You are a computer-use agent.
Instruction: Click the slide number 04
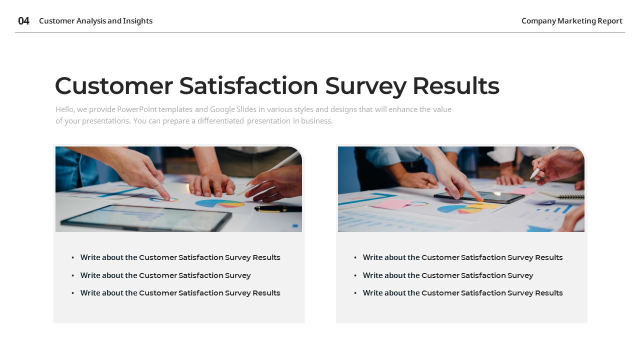(23, 21)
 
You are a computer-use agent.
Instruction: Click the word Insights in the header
(138, 21)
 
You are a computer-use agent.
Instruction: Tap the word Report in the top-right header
(609, 21)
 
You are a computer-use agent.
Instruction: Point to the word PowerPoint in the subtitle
(136, 109)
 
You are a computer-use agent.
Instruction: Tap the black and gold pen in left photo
(277, 208)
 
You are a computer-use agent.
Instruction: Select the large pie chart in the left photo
(219, 203)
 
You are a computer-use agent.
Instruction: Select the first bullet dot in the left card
(73, 257)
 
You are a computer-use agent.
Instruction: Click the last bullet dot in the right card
(355, 293)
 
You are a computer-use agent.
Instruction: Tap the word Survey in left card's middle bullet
(237, 275)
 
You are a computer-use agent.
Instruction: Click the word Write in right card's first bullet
(373, 257)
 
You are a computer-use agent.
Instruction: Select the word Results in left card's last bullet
(266, 293)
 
